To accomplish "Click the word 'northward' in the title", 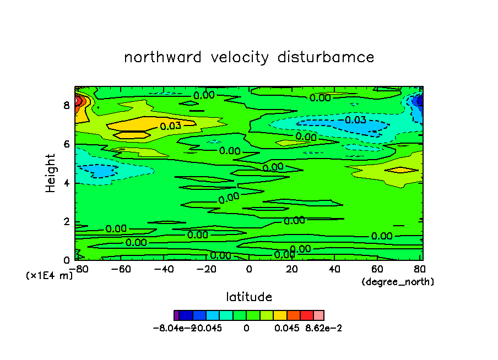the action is tap(163, 57).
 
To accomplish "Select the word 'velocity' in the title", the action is tap(240, 58).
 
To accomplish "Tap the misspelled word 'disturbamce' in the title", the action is tap(326, 57).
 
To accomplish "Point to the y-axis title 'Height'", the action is tap(50, 173).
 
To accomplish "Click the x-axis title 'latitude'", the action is tap(249, 297).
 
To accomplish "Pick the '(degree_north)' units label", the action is tap(398, 282).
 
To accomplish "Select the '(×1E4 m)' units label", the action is tap(49, 276).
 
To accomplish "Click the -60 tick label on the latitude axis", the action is tap(121, 269).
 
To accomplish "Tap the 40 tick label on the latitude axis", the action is tap(334, 269).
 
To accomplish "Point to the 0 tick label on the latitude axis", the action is tap(249, 269).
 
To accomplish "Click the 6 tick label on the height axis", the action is tap(67, 144).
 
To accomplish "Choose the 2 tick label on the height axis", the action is tap(67, 222).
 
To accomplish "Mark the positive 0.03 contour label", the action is tap(171, 126).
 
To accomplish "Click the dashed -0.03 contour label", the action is tap(353, 120).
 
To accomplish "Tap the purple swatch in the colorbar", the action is tap(177, 315).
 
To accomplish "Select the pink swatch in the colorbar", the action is tap(319, 315).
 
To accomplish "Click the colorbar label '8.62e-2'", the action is tap(323, 328).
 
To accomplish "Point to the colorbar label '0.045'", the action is tap(287, 328).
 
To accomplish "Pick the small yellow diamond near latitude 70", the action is tap(402, 170).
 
